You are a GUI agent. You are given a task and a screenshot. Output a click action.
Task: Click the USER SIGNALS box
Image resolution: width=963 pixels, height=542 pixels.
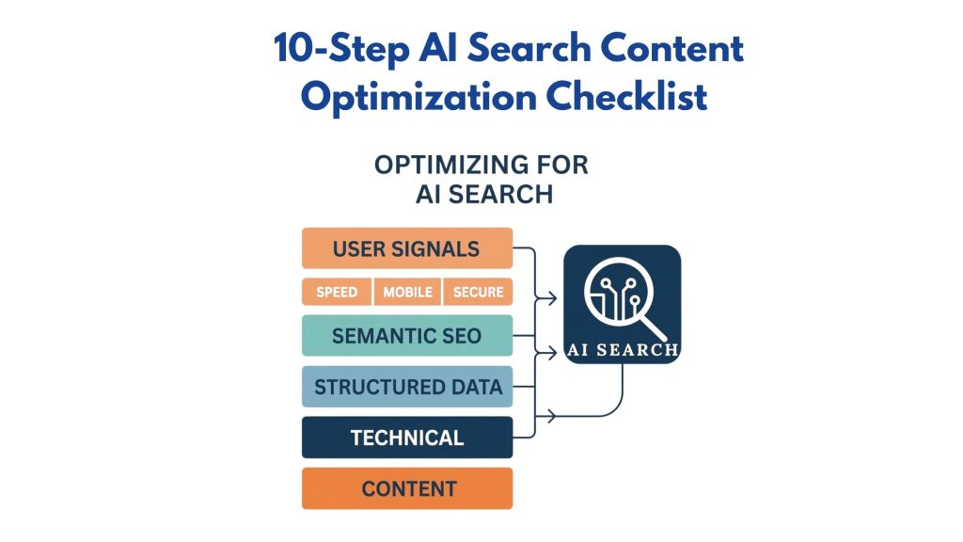click(x=406, y=248)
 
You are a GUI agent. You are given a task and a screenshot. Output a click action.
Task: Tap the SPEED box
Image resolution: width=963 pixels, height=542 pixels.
click(x=337, y=293)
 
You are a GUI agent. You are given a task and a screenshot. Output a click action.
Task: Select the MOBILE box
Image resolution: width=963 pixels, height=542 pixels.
click(x=407, y=293)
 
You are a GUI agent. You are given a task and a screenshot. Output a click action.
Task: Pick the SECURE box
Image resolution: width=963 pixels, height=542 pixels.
click(x=478, y=293)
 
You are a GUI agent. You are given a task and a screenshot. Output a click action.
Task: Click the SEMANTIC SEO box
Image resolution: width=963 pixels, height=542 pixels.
click(x=406, y=336)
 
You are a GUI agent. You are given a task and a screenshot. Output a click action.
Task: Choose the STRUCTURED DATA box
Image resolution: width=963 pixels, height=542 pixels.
click(x=406, y=387)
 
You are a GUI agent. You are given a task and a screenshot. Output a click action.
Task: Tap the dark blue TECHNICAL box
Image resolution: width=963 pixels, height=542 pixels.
click(x=406, y=438)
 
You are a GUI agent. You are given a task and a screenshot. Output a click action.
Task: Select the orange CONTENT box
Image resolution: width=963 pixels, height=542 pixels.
click(x=406, y=488)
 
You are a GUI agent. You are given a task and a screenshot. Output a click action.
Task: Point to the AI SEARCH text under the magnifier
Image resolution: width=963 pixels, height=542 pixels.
click(x=622, y=350)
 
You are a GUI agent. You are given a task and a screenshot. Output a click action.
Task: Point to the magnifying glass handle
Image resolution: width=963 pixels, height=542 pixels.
click(x=655, y=324)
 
